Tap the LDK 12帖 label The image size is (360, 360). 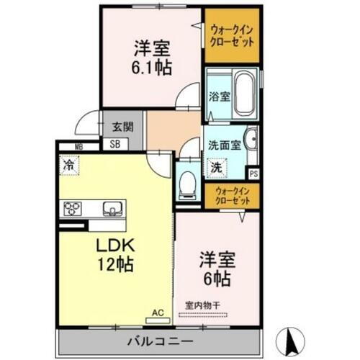pyautogui.click(x=114, y=254)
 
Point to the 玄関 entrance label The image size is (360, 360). pyautogui.click(x=122, y=127)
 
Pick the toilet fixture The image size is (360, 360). pyautogui.click(x=187, y=184)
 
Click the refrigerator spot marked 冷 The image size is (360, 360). pyautogui.click(x=68, y=165)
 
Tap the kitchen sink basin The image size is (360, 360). pyautogui.click(x=112, y=209)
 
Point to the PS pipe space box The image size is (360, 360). pyautogui.click(x=253, y=173)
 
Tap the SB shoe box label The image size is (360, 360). pyautogui.click(x=115, y=143)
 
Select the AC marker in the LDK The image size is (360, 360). pyautogui.click(x=158, y=312)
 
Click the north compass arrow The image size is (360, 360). pyautogui.click(x=292, y=336)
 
